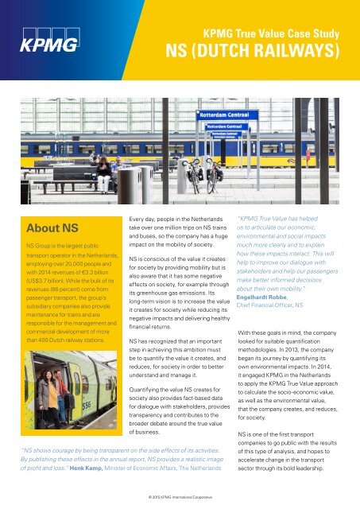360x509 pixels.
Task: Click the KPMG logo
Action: point(48,40)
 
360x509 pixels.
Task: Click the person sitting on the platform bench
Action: point(103,169)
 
